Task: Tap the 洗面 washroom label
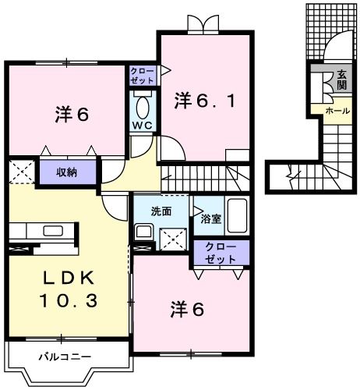[161, 211]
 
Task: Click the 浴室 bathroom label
[210, 218]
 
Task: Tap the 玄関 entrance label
[341, 80]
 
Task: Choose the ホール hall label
[337, 111]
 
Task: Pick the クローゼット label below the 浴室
[221, 251]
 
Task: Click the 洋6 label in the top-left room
[72, 114]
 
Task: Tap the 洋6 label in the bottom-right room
[189, 309]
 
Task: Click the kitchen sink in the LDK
[53, 230]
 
